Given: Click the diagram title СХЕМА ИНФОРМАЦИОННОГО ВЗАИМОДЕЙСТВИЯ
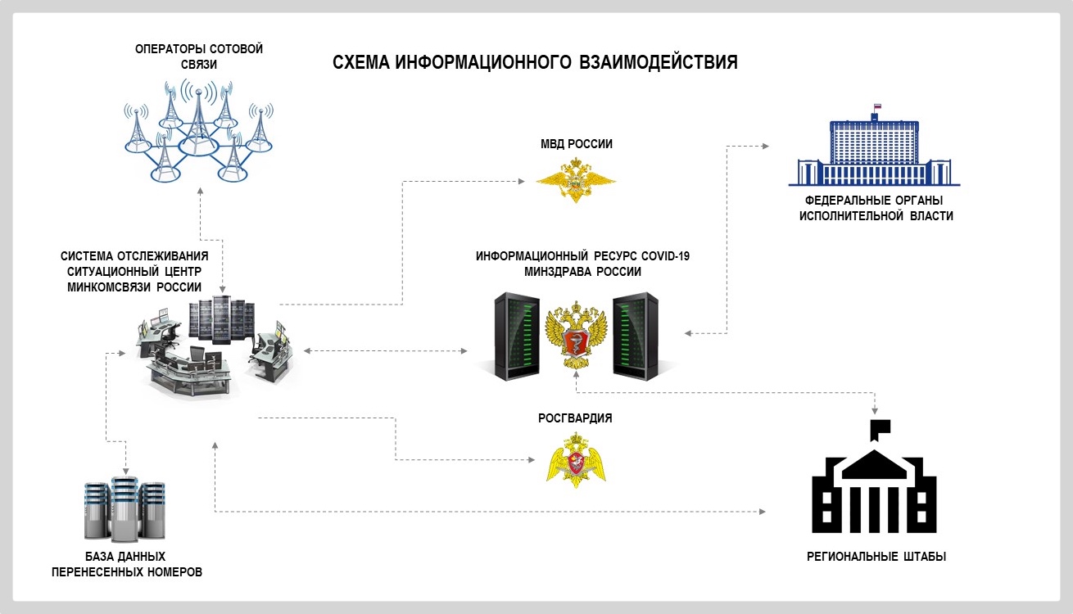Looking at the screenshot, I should (x=535, y=63).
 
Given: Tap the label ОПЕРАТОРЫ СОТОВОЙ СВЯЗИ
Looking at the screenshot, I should (x=199, y=57).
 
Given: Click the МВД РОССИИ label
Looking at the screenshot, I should (x=576, y=144).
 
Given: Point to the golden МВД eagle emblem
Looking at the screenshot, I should (x=576, y=182).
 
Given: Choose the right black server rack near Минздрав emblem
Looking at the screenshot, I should (x=640, y=336).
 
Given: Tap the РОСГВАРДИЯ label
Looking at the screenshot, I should (x=575, y=418).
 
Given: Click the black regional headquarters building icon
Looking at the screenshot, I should (x=874, y=483).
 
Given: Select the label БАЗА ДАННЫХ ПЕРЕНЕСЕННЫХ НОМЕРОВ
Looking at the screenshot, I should (x=126, y=564).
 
